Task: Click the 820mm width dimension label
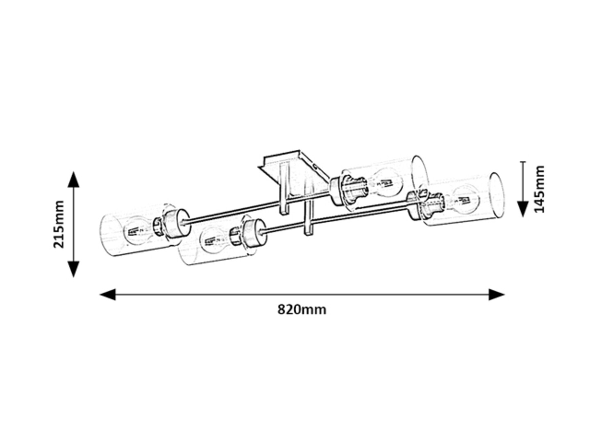coord(302,309)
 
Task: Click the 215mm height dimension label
coord(59,224)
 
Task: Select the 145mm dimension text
coord(539,189)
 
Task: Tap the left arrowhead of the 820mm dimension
coord(108,295)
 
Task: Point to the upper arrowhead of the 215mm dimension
coord(73,180)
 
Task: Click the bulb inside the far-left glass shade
coord(139,231)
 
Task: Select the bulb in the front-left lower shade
coord(215,240)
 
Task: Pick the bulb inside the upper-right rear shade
coord(389,183)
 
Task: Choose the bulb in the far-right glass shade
coord(466,199)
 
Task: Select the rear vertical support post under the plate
coord(284,189)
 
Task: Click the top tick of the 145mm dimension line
coord(523,162)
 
